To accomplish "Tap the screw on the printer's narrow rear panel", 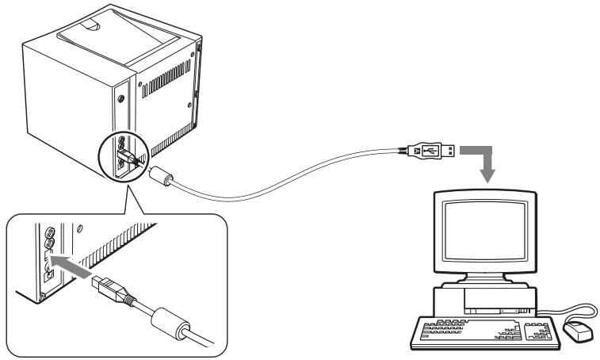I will click(x=121, y=98).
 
